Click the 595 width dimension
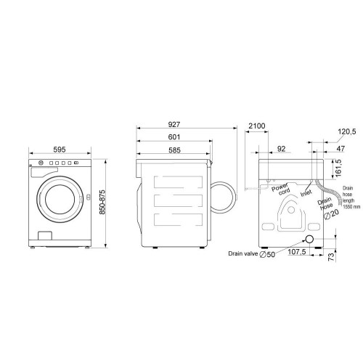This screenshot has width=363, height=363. (x=60, y=150)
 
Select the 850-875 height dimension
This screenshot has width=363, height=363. (x=102, y=202)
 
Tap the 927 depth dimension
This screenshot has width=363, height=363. (x=174, y=124)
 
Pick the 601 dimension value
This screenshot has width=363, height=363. (x=174, y=137)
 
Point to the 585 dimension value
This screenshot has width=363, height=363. (x=174, y=150)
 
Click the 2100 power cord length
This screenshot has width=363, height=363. (x=257, y=126)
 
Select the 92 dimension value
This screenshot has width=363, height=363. (x=281, y=149)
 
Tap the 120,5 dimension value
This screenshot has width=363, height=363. (x=347, y=131)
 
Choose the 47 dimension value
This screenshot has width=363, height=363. (x=340, y=148)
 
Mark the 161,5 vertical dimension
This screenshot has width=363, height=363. (x=338, y=168)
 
